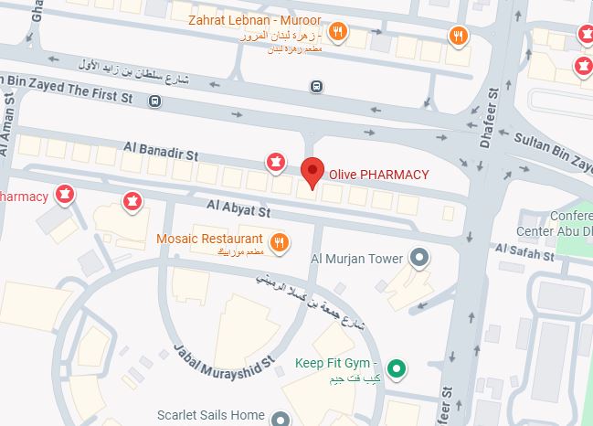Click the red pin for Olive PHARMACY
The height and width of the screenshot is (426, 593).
tap(312, 171)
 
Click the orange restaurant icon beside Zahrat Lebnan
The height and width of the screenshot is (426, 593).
tap(338, 31)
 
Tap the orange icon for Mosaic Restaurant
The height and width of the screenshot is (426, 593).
tap(280, 242)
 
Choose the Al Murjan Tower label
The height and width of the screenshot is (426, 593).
tap(357, 259)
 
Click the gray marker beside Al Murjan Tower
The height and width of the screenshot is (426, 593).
tap(419, 258)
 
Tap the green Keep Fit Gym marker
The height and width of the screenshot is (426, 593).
tap(397, 369)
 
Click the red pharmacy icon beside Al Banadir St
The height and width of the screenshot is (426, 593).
tap(274, 162)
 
